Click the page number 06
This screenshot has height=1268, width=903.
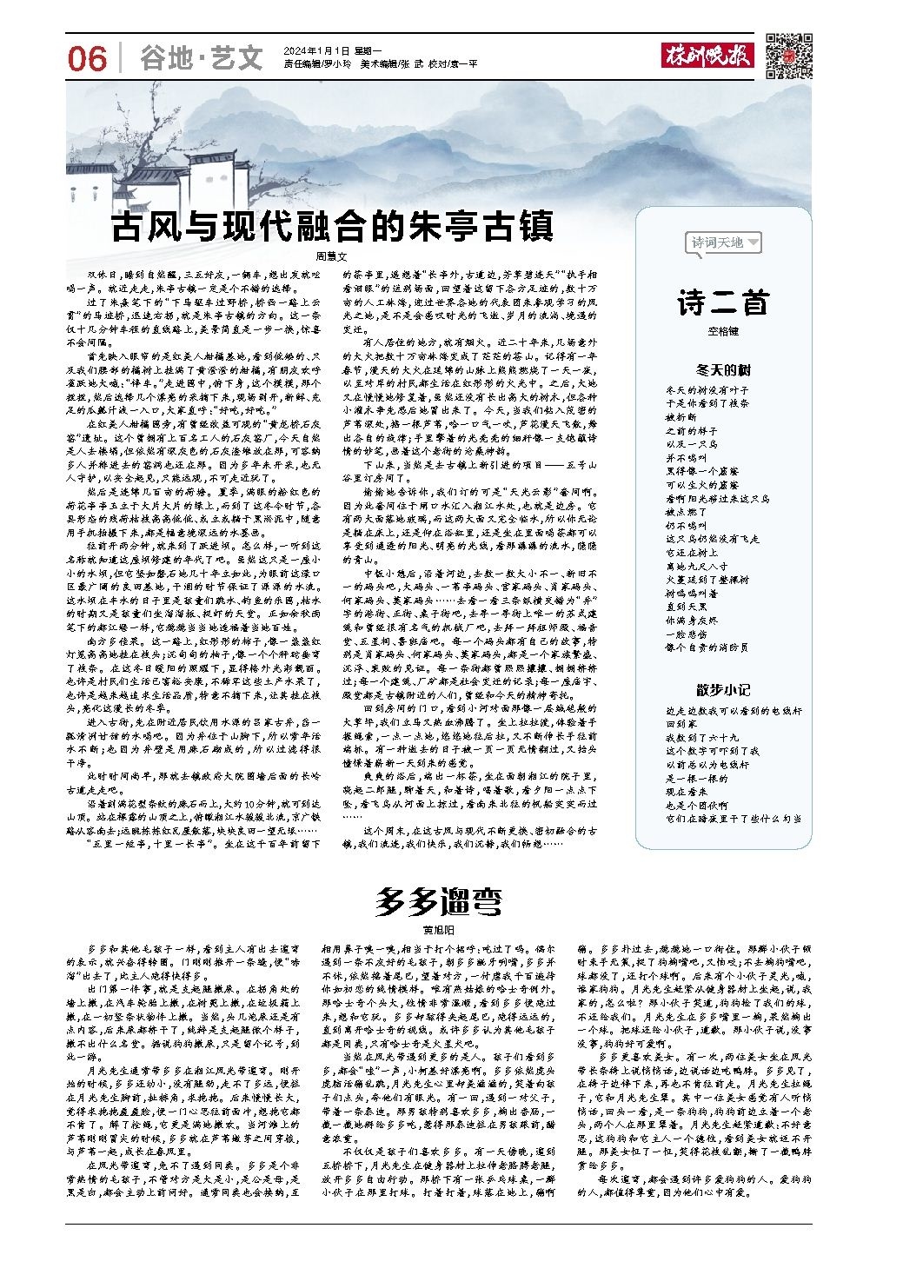(87, 59)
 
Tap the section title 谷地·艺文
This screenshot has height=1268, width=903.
(201, 59)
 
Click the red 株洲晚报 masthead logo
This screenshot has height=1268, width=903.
(708, 54)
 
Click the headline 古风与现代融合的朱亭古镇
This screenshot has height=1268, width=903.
(331, 228)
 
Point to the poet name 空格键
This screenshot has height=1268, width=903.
(723, 330)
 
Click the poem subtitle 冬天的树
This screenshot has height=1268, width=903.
(723, 368)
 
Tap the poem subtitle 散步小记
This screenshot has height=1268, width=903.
(723, 690)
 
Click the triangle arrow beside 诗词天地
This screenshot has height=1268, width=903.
(753, 243)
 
